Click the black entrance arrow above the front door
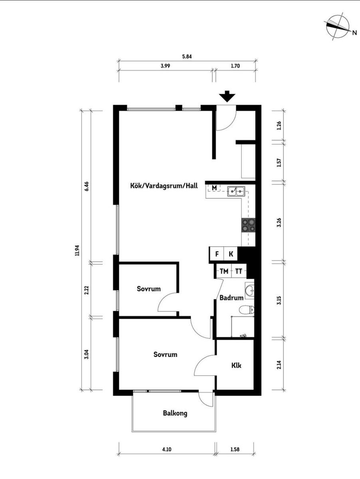(x=227, y=96)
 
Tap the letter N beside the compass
(x=354, y=33)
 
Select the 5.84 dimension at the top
(x=187, y=57)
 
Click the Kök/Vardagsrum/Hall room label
(x=164, y=186)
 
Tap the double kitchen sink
(x=236, y=191)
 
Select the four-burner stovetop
(x=248, y=225)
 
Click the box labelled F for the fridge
(x=217, y=254)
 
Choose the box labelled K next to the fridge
(x=231, y=254)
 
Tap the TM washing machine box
(x=224, y=271)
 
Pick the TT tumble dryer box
(x=239, y=271)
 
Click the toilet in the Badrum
(x=247, y=309)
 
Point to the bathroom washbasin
(x=249, y=291)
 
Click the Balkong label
(x=175, y=413)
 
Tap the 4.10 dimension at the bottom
(x=167, y=449)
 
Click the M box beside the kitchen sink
(x=214, y=188)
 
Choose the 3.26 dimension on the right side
(x=279, y=222)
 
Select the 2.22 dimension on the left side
(x=87, y=290)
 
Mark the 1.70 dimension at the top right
(x=235, y=66)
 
